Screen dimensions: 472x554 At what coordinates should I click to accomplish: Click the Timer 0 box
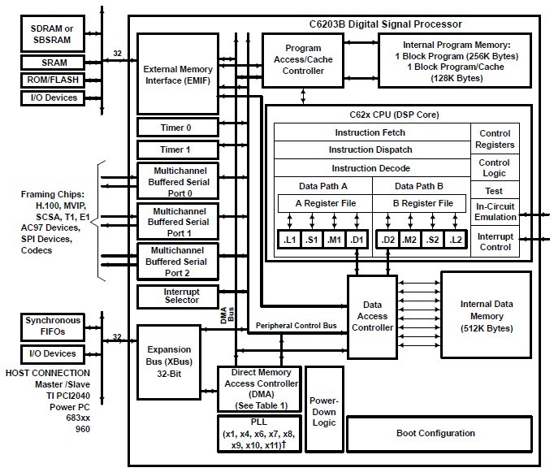pyautogui.click(x=177, y=127)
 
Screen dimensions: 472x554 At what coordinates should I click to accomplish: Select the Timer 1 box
pyautogui.click(x=177, y=149)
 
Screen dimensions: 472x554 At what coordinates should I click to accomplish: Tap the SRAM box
pyautogui.click(x=54, y=63)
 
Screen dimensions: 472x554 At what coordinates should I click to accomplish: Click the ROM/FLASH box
pyautogui.click(x=54, y=80)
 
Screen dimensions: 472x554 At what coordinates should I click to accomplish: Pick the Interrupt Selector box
pyautogui.click(x=177, y=297)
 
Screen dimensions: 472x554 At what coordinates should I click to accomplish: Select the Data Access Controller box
pyautogui.click(x=373, y=317)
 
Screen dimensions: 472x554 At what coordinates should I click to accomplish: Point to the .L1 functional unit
pyautogui.click(x=289, y=240)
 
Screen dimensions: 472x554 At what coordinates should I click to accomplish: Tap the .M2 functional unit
pyautogui.click(x=409, y=240)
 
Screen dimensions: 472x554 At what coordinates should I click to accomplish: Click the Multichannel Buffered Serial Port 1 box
pyautogui.click(x=177, y=221)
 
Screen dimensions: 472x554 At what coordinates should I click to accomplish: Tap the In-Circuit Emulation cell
pyautogui.click(x=496, y=211)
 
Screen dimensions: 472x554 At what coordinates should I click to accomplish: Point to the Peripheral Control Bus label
pyautogui.click(x=296, y=326)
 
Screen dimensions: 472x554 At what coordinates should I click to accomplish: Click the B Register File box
pyautogui.click(x=422, y=203)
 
